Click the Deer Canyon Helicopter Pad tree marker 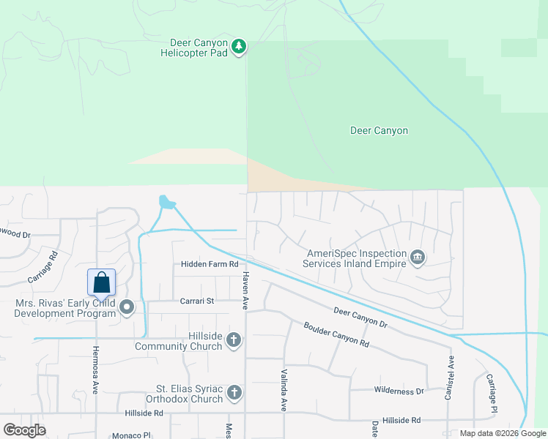tap(239, 47)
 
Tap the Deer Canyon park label tap(379, 131)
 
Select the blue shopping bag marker tap(102, 282)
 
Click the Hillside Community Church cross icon tap(234, 339)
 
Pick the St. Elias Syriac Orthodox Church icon tap(234, 393)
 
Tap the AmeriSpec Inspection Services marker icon tap(418, 256)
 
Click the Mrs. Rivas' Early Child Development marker tap(127, 307)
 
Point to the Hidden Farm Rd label tap(210, 263)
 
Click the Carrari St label tap(197, 301)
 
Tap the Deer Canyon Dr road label tap(360, 317)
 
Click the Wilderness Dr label tap(399, 391)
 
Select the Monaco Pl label tap(131, 435)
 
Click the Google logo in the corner tap(24, 430)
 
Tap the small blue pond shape tap(167, 201)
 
